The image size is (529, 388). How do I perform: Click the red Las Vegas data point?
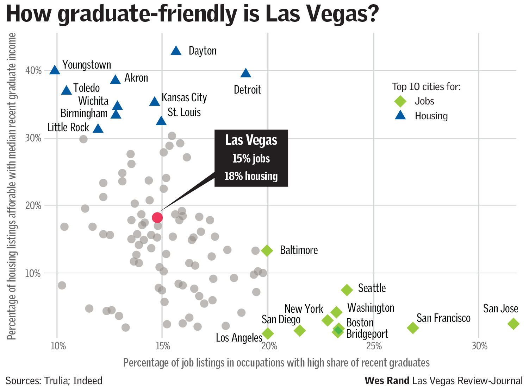click(x=157, y=218)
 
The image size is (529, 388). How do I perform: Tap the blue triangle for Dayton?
click(x=176, y=51)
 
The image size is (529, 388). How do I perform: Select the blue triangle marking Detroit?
click(x=246, y=73)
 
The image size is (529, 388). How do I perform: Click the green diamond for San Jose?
click(x=514, y=324)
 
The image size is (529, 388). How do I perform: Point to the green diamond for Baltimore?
click(x=267, y=250)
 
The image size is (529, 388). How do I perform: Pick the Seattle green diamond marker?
click(x=347, y=290)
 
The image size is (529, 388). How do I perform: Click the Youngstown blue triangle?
click(x=55, y=70)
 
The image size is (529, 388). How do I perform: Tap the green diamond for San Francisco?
click(x=413, y=328)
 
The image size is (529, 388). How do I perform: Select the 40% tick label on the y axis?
click(x=33, y=71)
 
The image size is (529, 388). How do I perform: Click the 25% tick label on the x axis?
click(x=374, y=346)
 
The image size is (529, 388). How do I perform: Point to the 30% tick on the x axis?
click(x=479, y=346)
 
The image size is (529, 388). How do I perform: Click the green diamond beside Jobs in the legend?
click(x=400, y=101)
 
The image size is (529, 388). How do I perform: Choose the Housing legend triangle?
click(x=400, y=115)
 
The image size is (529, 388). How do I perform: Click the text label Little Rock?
click(x=68, y=127)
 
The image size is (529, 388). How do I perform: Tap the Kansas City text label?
click(x=184, y=97)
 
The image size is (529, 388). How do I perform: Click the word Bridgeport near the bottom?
click(x=367, y=334)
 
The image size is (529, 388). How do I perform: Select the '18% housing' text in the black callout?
click(x=251, y=176)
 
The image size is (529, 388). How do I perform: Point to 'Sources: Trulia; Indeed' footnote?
click(x=54, y=381)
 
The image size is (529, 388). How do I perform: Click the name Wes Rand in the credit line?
click(x=387, y=381)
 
